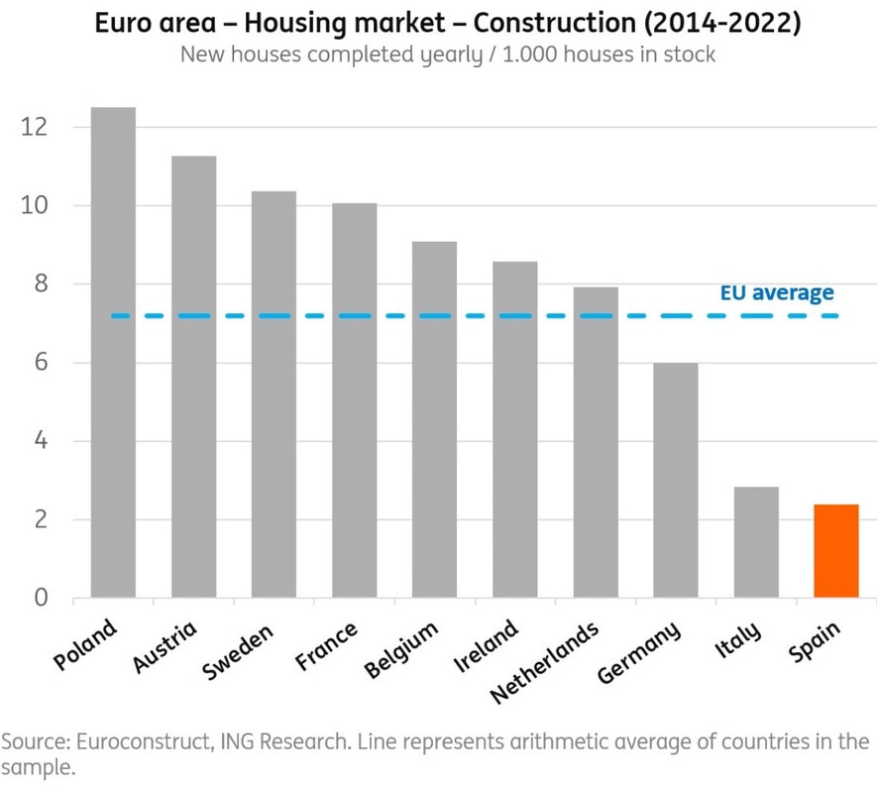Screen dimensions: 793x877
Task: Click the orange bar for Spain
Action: pyautogui.click(x=835, y=551)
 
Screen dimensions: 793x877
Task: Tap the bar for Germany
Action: pyautogui.click(x=676, y=481)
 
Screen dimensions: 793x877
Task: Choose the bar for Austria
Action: pyautogui.click(x=193, y=377)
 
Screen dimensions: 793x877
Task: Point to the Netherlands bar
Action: pyautogui.click(x=596, y=442)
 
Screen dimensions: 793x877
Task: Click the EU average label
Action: pyautogui.click(x=776, y=292)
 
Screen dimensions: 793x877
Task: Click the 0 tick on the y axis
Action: pyautogui.click(x=40, y=598)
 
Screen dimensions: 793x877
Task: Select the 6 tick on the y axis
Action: pyautogui.click(x=40, y=363)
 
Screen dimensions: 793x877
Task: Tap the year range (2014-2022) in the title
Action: pyautogui.click(x=729, y=22)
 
